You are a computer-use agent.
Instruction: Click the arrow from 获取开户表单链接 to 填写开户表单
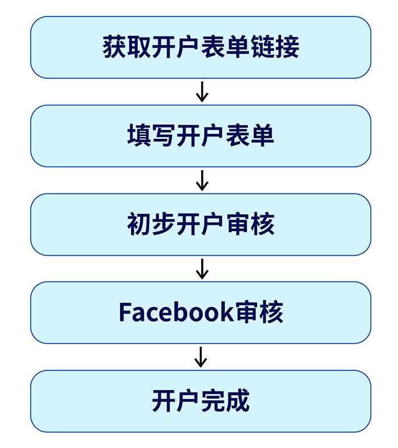pos(202,92)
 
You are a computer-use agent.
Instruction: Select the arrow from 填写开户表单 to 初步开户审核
pos(202,180)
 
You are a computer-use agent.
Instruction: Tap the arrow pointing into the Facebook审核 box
pos(202,269)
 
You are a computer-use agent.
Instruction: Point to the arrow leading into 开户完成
pos(201,357)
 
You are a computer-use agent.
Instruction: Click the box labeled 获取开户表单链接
pos(201,47)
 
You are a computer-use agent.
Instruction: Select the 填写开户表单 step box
pos(201,135)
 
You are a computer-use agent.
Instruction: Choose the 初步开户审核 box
pos(201,224)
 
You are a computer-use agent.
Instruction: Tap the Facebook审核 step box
pos(201,313)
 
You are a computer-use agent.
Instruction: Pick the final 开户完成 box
pos(201,401)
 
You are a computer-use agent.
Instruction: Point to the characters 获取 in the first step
pos(127,47)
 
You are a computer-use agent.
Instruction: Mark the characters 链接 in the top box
pos(275,47)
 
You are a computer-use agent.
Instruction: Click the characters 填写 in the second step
pos(151,135)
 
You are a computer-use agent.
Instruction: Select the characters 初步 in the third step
pos(151,224)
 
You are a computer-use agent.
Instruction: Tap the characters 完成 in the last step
pos(225,401)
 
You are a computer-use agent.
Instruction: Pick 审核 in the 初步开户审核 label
pos(251,224)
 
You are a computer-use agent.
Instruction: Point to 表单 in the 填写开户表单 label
pos(250,135)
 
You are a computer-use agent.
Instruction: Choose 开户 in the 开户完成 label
pos(176,401)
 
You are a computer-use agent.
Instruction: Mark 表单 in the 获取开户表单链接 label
pos(225,47)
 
